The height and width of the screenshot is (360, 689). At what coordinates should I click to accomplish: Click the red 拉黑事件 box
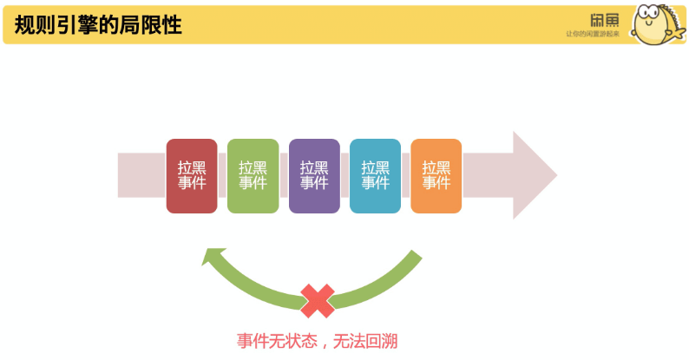click(x=192, y=175)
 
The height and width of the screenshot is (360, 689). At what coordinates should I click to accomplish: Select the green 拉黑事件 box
click(x=253, y=175)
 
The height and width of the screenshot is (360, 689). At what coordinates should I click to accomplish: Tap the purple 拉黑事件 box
click(x=314, y=175)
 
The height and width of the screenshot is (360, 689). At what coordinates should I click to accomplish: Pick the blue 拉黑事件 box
click(x=375, y=175)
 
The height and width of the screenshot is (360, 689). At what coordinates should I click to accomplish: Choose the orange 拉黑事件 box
click(x=436, y=175)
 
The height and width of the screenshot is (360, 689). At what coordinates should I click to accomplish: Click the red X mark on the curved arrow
click(x=318, y=300)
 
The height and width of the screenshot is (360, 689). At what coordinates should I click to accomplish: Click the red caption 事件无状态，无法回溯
click(x=317, y=341)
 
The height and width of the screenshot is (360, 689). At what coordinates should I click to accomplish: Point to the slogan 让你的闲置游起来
click(x=593, y=34)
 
